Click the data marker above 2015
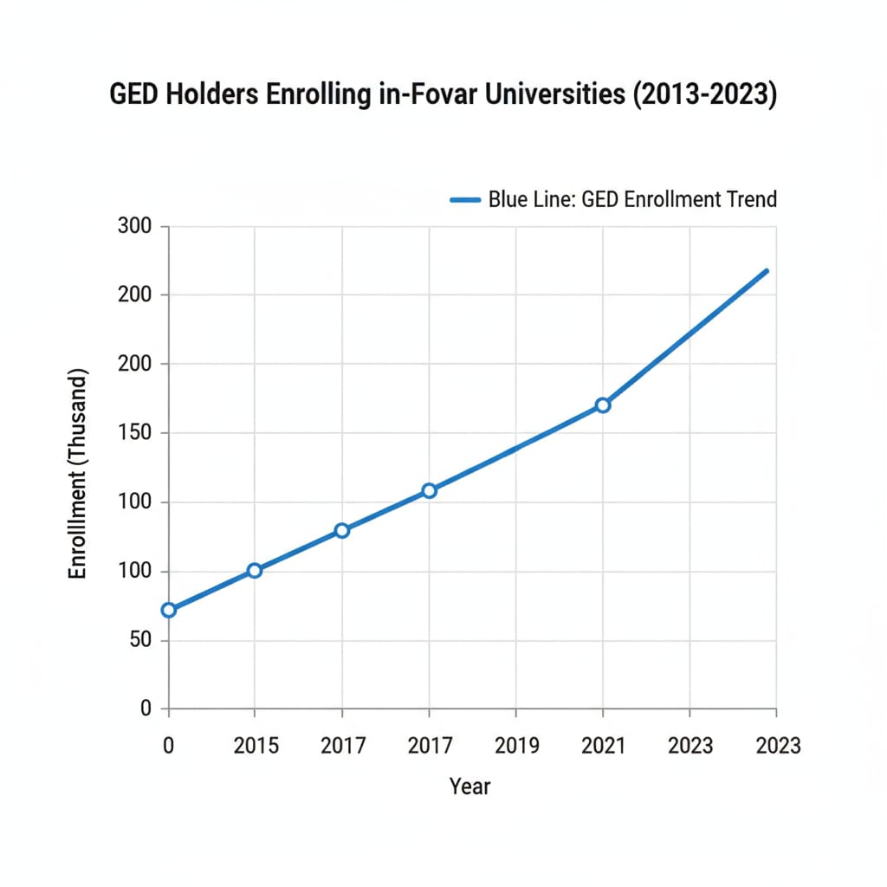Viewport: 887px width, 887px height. point(254,570)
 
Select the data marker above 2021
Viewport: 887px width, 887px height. point(603,405)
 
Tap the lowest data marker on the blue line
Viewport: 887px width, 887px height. point(169,610)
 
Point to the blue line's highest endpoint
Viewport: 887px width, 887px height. point(767,271)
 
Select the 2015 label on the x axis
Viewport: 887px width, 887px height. point(256,745)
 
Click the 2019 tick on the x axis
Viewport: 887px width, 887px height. point(516,745)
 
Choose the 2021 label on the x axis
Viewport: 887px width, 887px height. point(603,745)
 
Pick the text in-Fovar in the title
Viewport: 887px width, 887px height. point(422,94)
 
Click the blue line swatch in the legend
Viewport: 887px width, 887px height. point(465,199)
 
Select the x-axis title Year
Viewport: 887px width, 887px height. point(469,787)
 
